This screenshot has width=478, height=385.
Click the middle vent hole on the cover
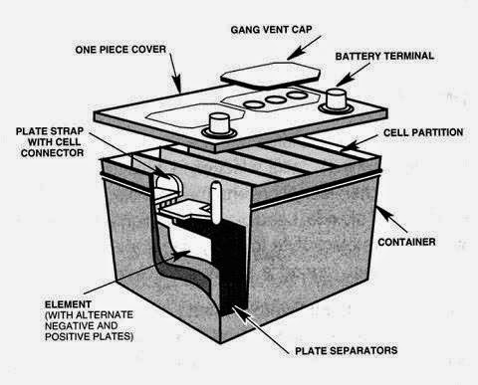(x=270, y=99)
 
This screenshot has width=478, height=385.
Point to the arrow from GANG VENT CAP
(x=305, y=48)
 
